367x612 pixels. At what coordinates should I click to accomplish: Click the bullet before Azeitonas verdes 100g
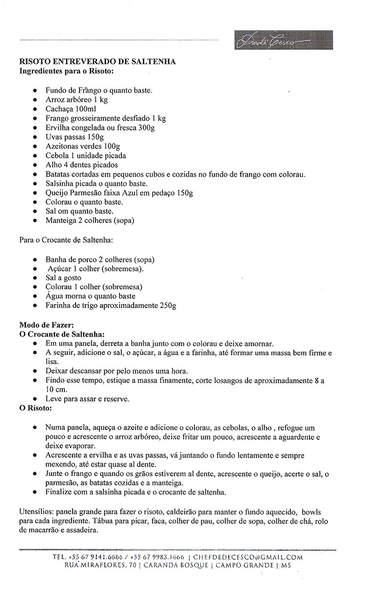click(x=35, y=146)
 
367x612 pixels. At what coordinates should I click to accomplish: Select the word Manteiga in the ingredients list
click(x=62, y=220)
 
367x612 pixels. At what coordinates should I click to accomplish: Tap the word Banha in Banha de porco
click(x=56, y=260)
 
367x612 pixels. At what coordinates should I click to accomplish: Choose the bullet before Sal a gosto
click(x=35, y=278)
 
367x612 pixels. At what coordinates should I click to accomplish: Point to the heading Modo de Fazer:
click(x=46, y=325)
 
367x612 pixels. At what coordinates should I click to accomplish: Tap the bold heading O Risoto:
click(x=35, y=408)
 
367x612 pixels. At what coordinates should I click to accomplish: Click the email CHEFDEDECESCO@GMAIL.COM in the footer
click(x=248, y=557)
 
